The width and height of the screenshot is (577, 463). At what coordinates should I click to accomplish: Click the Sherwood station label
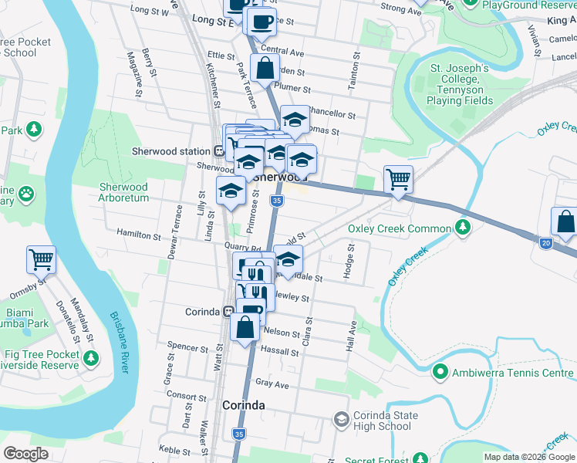pyautogui.click(x=170, y=151)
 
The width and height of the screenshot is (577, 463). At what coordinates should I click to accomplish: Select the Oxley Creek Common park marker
pyautogui.click(x=462, y=228)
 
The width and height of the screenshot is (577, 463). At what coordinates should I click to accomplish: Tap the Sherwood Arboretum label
pyautogui.click(x=123, y=192)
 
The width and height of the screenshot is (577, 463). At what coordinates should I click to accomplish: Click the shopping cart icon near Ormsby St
pyautogui.click(x=41, y=259)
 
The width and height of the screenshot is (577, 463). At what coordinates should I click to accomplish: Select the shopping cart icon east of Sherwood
pyautogui.click(x=398, y=179)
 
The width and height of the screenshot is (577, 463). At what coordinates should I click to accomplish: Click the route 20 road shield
pyautogui.click(x=545, y=243)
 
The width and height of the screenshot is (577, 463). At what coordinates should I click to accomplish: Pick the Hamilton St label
pyautogui.click(x=139, y=232)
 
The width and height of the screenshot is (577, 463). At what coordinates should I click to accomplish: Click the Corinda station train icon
pyautogui.click(x=228, y=312)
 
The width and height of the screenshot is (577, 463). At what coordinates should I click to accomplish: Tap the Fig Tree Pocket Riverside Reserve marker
pyautogui.click(x=92, y=357)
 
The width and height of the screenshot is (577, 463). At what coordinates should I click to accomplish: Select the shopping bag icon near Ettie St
pyautogui.click(x=265, y=68)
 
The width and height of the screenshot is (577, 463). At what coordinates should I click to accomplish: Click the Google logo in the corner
pyautogui.click(x=25, y=453)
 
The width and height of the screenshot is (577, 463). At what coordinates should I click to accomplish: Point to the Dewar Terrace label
pyautogui.click(x=178, y=226)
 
